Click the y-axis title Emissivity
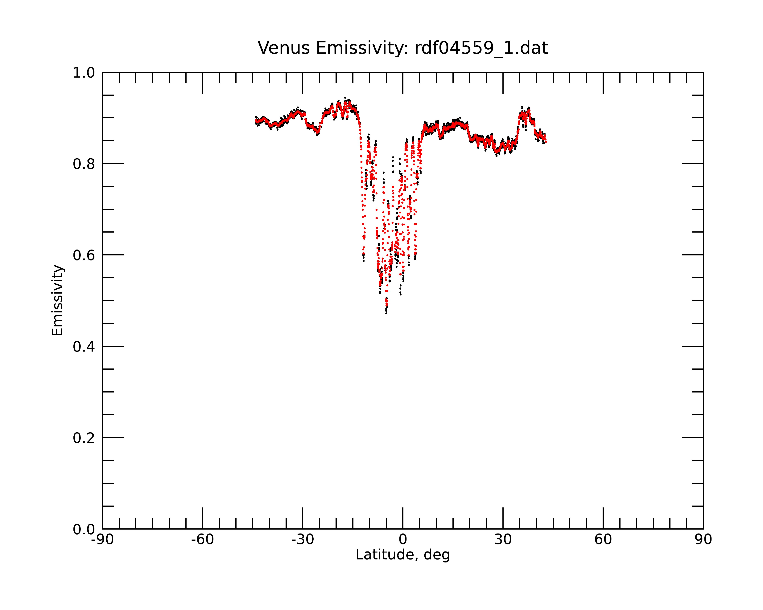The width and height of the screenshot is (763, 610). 57,300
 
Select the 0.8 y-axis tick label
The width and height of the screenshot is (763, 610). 84,164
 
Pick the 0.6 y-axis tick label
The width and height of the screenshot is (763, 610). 84,255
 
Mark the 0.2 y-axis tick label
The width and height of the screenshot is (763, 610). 84,438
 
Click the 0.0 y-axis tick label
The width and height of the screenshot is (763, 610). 84,529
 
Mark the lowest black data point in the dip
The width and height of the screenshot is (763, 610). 386,313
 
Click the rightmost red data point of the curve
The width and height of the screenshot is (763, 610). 546,142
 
